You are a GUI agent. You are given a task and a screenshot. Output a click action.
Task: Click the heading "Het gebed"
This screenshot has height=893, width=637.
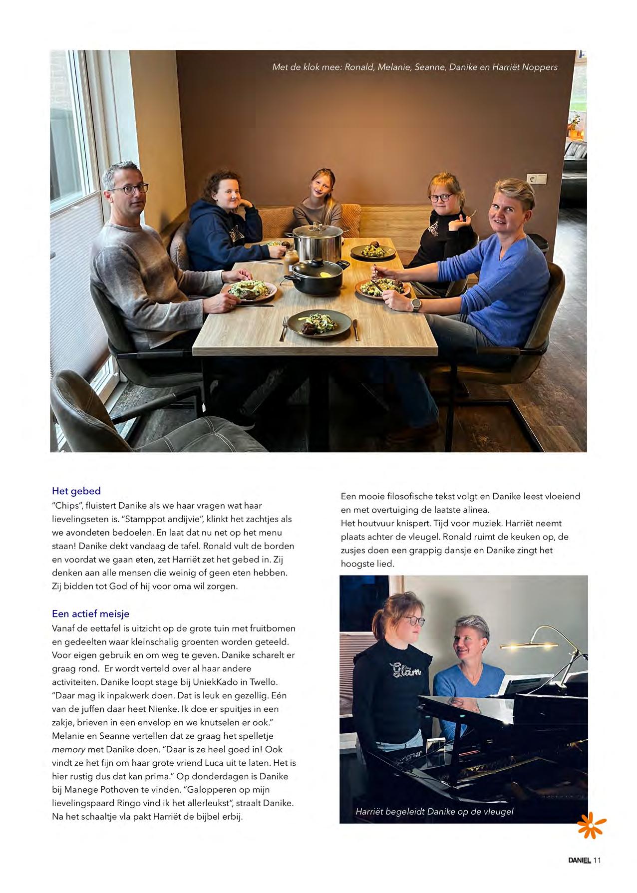76,491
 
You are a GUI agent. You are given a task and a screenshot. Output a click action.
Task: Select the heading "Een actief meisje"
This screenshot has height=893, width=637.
90,613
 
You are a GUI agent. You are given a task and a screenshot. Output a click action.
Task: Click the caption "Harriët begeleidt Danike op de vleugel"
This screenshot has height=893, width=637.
434,812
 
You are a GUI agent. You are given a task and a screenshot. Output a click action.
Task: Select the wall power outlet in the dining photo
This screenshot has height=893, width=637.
537,178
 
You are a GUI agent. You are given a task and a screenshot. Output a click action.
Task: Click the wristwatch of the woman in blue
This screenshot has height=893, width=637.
415,304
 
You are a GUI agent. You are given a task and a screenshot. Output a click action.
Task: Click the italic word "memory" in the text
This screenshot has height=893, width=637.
68,749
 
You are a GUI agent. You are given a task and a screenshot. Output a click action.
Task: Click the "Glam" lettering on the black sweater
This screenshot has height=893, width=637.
405,668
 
